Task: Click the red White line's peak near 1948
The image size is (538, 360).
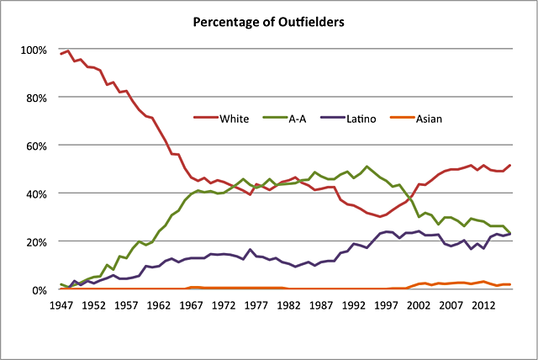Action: (68, 51)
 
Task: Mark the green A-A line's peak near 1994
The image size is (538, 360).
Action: (367, 167)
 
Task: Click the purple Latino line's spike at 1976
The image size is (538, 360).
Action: (251, 250)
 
